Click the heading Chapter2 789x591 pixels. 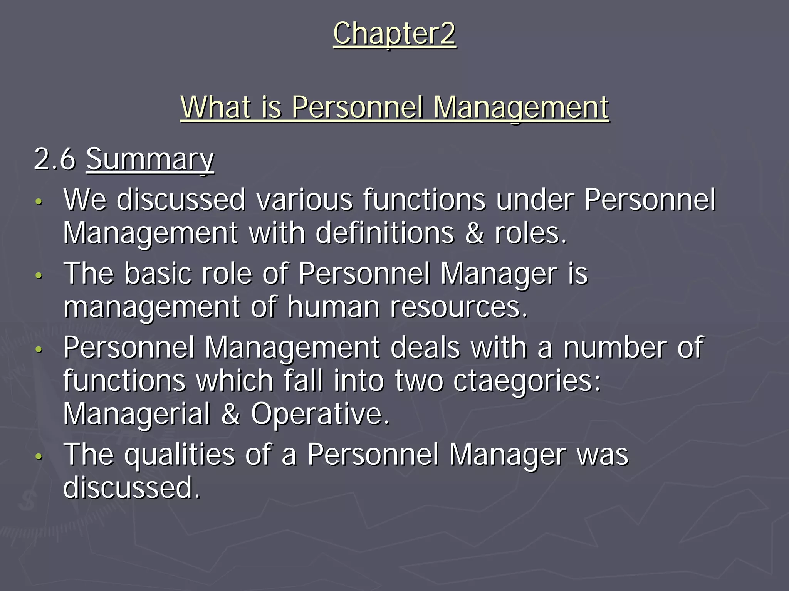pos(394,34)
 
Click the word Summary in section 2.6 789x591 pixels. pos(150,159)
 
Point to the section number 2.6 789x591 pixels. pos(55,159)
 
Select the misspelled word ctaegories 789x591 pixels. pos(527,381)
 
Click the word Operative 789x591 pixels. pos(320,414)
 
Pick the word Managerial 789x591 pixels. pos(137,414)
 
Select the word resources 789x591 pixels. pos(458,307)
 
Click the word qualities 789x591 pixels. pos(179,455)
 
